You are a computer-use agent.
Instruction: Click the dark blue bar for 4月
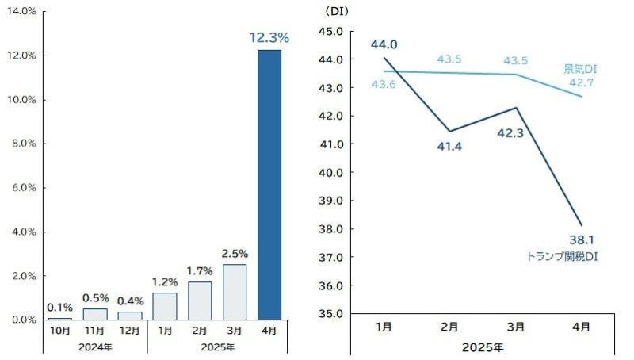[269, 184]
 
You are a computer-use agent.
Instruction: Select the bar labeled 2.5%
[235, 292]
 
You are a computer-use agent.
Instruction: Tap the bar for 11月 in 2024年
[95, 314]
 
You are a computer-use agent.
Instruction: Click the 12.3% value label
[269, 37]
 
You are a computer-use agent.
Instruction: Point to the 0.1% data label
[60, 307]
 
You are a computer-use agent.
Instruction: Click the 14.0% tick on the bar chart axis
[22, 11]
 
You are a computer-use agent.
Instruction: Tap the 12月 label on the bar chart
[129, 330]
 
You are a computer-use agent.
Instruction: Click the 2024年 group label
[95, 347]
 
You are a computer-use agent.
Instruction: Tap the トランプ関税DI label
[561, 257]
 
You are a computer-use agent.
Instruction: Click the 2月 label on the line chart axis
[448, 326]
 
